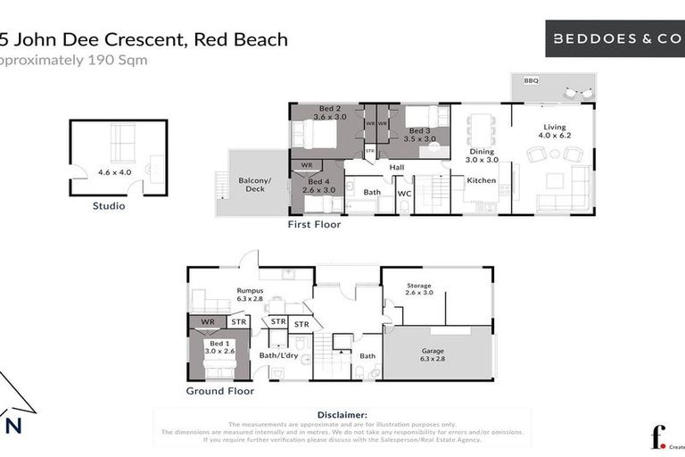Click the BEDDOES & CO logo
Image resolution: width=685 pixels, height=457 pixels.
pos(615,38)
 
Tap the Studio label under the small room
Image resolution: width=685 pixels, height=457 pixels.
pos(109,206)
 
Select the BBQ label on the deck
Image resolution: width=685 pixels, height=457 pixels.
pos(531,80)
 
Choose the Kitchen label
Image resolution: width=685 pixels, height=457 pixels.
pos(482,180)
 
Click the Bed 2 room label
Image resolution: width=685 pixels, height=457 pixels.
pos(329,112)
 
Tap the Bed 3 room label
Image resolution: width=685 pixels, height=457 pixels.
pos(419,135)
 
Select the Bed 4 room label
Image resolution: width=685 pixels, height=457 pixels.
pos(318,184)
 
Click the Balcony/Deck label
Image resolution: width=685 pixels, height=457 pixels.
pos(253,185)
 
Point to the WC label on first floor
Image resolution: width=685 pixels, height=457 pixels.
pos(404,192)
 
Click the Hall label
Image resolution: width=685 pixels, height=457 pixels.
pos(397,167)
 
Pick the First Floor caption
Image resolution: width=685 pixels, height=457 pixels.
pos(314,225)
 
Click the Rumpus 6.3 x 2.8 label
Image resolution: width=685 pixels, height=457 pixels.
pos(249,293)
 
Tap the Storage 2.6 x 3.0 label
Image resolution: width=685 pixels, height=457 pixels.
pos(418,288)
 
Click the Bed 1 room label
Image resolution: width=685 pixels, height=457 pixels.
pos(218,346)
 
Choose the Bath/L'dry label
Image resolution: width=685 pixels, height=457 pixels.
pos(276,356)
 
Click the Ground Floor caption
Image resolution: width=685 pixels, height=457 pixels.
pos(219,391)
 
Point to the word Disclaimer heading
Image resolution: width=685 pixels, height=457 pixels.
pos(342,415)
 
